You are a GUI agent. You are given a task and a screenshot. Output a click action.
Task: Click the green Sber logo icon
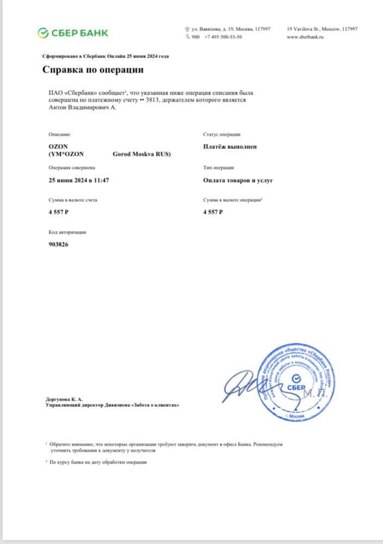[x=44, y=33]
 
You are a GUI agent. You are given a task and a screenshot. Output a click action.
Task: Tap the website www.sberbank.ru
[x=305, y=37]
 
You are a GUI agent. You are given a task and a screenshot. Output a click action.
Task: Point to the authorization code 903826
[x=59, y=244]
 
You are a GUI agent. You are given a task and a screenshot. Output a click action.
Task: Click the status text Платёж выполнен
[x=230, y=146]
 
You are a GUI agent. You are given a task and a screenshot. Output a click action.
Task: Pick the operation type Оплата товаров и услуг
[x=238, y=180]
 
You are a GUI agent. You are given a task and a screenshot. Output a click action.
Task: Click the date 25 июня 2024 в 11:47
[x=79, y=180]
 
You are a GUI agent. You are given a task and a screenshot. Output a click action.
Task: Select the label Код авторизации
[x=67, y=232]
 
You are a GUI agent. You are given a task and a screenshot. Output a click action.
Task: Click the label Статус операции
[x=222, y=134]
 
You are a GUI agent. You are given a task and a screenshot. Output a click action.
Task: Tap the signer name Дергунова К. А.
[x=64, y=399]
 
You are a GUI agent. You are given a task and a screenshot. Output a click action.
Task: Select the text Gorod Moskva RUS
[x=141, y=154]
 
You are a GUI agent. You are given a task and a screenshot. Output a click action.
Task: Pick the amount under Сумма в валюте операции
[x=213, y=212]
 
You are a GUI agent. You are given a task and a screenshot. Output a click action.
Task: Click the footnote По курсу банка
[x=98, y=462]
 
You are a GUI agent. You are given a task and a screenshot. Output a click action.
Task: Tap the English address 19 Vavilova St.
[x=322, y=29]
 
